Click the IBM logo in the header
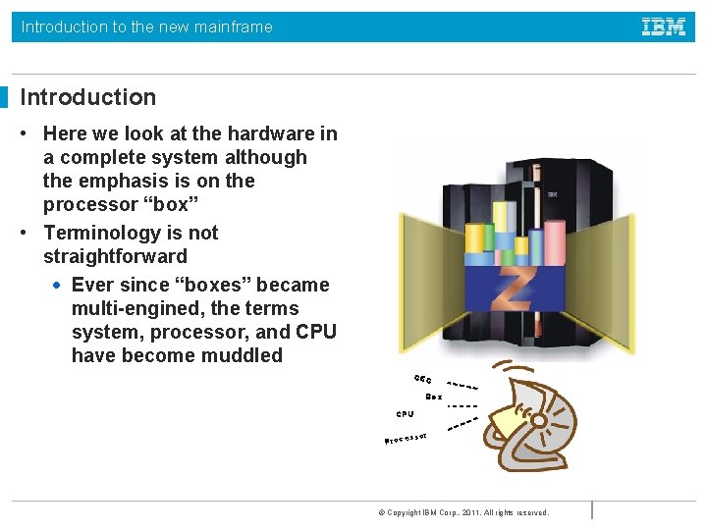[x=664, y=26]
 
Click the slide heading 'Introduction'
[x=88, y=97]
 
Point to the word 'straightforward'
[x=115, y=256]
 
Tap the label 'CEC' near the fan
[x=423, y=379]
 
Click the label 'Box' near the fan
[x=433, y=397]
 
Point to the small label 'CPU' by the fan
[x=406, y=414]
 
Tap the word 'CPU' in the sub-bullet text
[x=316, y=332]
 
